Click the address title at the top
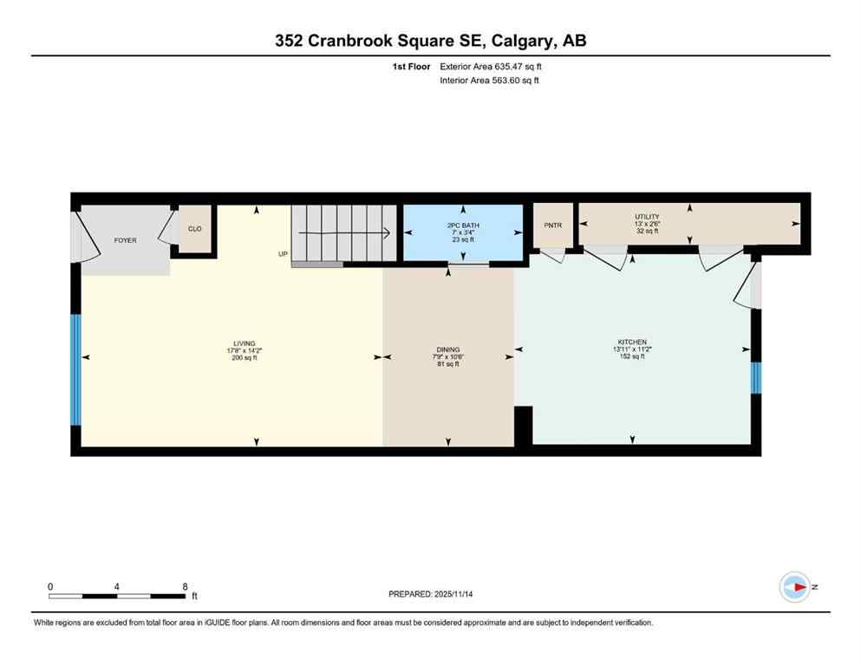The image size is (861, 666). pos(430,41)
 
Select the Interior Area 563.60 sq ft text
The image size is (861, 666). pos(490,81)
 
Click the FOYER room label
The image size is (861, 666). pos(126,240)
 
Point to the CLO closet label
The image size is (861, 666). pos(195,229)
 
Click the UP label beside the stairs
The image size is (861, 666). pos(283,254)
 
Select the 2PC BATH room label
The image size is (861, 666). pos(463,225)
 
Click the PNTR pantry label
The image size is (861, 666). pos(553,225)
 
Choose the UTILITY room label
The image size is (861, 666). pos(647,217)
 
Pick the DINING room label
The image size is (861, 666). pos(447,350)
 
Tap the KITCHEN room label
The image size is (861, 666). pos(632,343)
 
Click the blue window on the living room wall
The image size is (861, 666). pos(75,369)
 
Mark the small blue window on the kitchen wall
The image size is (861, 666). pos(755,377)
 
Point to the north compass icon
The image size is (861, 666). pos(794,587)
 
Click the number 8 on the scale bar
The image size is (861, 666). pos(185,586)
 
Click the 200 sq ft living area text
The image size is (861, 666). pos(244,357)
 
